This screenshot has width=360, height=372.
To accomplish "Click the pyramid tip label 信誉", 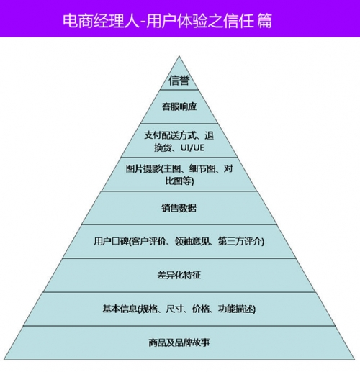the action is tap(179, 80).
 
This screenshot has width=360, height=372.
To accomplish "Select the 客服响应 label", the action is tap(179, 106).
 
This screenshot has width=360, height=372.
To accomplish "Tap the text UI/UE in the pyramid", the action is tap(192, 148).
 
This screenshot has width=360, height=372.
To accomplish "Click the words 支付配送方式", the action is tap(170, 135).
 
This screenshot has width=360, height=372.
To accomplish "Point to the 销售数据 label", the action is tap(179, 208).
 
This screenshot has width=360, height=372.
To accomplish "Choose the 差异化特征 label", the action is tap(179, 275).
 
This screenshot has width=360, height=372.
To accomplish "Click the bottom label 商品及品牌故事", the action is tap(179, 342).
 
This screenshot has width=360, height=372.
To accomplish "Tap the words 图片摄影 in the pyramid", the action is tap(143, 169).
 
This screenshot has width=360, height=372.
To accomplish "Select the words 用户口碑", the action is tap(111, 241).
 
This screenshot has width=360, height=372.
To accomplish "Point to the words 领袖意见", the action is tap(192, 241).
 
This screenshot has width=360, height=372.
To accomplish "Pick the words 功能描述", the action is tap(235, 309).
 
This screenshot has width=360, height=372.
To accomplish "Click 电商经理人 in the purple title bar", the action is tap(101, 21).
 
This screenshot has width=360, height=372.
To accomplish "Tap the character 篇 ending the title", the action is tap(264, 21).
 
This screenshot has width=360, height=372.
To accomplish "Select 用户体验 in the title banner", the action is tap(177, 21).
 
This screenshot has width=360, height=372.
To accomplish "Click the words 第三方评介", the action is tap(240, 241).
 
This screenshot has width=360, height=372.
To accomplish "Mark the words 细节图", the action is tap(202, 169).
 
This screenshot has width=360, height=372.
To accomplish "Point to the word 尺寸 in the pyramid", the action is tap(174, 309).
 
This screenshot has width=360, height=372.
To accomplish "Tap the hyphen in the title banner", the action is tap(143, 22).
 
